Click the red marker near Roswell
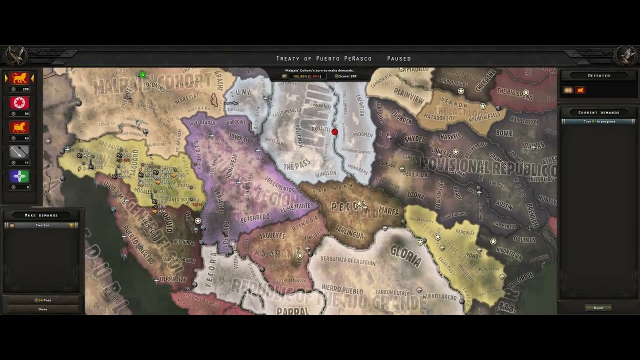334,132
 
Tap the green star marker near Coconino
142,75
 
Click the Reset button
598,308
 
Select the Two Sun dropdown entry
42,225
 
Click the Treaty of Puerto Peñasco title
324,58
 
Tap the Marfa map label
388,211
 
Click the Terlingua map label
349,234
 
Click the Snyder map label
414,139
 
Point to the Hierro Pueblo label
342,289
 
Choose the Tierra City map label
173,279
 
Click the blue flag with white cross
19,176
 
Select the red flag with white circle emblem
19,103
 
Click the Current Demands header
598,112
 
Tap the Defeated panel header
598,75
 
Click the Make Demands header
41,215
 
